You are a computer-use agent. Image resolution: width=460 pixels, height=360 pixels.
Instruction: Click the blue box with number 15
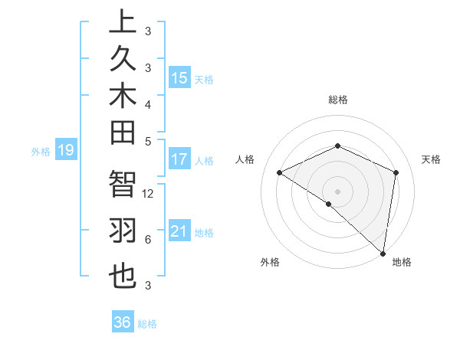pyautogui.click(x=179, y=78)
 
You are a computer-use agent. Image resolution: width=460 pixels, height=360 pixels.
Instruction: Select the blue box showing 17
pyautogui.click(x=179, y=160)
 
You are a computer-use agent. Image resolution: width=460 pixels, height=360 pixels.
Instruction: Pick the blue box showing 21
pyautogui.click(x=179, y=232)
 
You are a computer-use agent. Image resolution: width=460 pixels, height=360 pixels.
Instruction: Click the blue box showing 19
pyautogui.click(x=65, y=151)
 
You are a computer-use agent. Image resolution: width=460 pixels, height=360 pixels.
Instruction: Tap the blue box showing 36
pyautogui.click(x=122, y=322)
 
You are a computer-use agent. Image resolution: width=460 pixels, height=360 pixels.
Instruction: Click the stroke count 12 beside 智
pyautogui.click(x=149, y=194)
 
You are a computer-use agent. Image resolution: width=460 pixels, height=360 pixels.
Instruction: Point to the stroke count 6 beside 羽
pyautogui.click(x=147, y=240)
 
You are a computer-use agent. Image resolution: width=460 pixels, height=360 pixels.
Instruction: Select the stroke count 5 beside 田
pyautogui.click(x=147, y=141)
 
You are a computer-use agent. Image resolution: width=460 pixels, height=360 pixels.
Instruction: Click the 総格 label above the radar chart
pyautogui.click(x=337, y=100)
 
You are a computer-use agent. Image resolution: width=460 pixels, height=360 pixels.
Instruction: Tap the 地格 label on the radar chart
pyautogui.click(x=402, y=263)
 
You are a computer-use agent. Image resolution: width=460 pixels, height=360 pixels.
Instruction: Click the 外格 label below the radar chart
pyautogui.click(x=270, y=263)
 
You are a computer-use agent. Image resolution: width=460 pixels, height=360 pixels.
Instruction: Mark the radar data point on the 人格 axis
pyautogui.click(x=280, y=173)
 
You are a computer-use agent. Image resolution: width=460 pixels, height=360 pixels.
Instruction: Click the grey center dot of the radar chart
pyautogui.click(x=337, y=191)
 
